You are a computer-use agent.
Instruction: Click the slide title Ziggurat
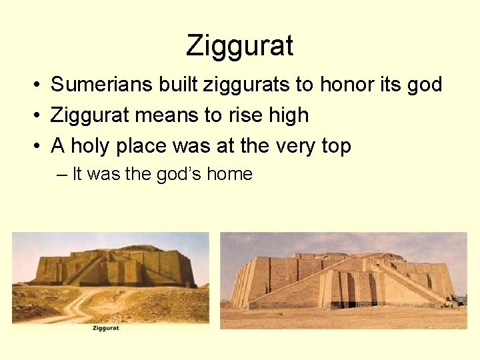[239, 46]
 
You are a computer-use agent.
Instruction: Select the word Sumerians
[102, 85]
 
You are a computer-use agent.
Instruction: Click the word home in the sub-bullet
[229, 175]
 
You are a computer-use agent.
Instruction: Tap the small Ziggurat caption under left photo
[107, 328]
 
